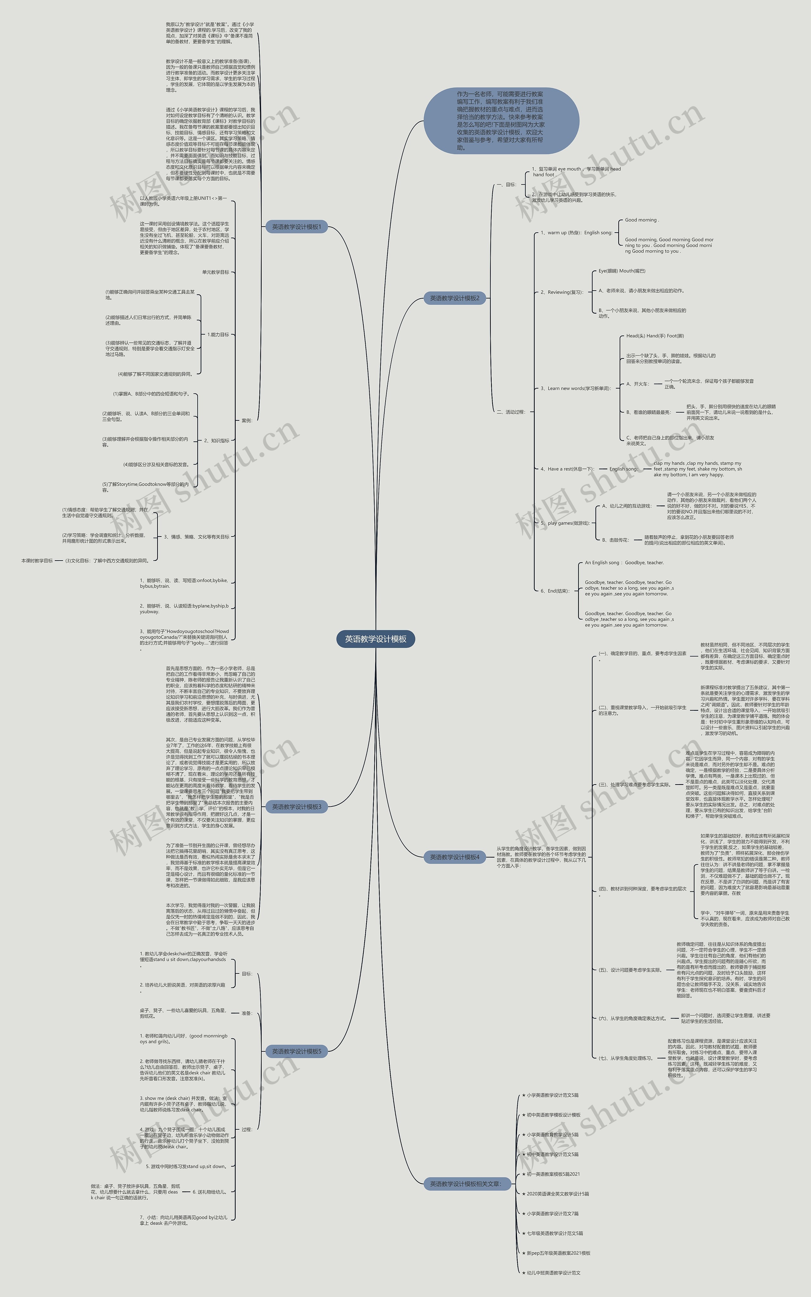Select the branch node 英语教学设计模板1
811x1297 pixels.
coord(296,227)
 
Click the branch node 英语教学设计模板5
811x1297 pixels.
coord(296,1051)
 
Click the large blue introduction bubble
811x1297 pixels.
coord(501,121)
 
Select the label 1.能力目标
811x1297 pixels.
coord(218,335)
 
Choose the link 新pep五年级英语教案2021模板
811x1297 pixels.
coord(558,1253)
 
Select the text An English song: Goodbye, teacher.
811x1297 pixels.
coord(624,563)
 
